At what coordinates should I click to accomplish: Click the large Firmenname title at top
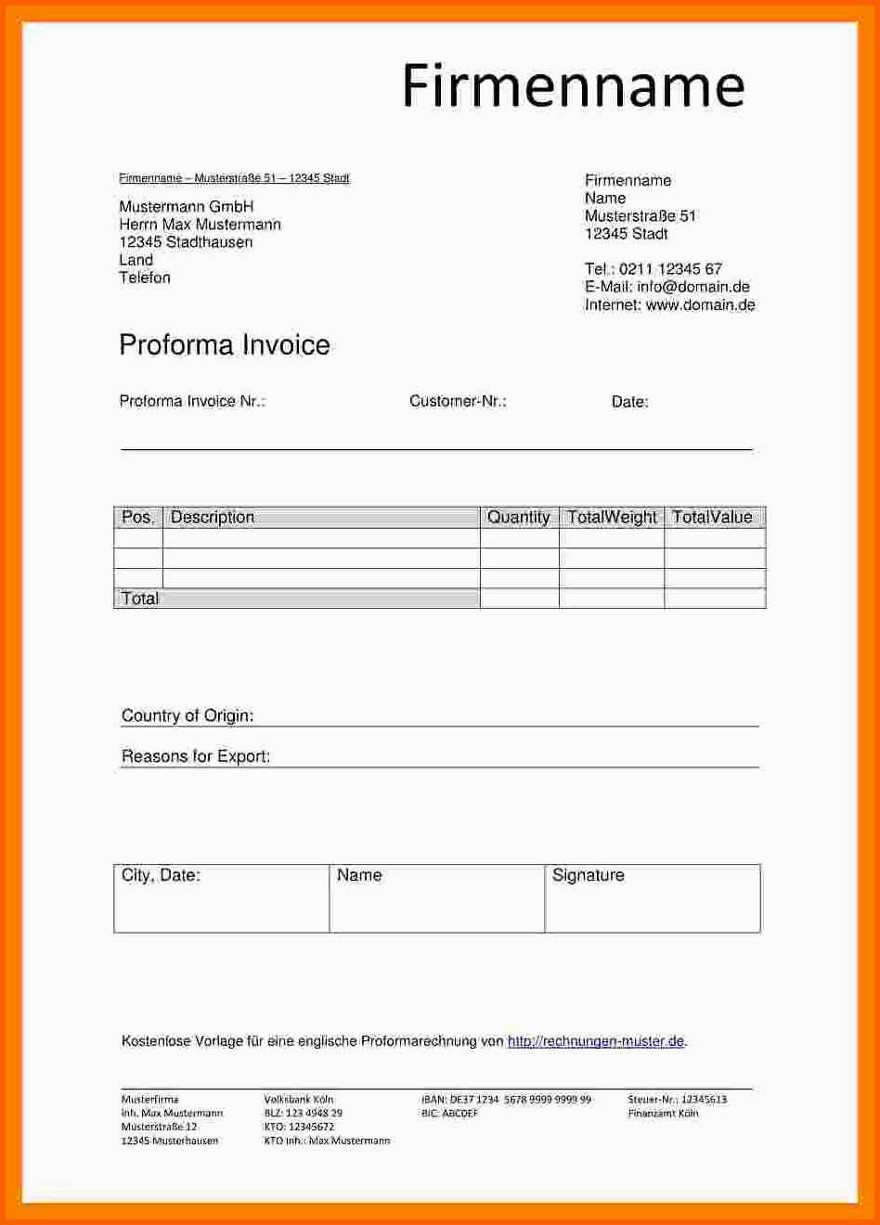[x=573, y=86]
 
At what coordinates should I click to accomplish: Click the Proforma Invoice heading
[x=225, y=345]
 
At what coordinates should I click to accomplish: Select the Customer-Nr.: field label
[x=458, y=401]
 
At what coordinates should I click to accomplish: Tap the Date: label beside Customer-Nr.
[x=629, y=402]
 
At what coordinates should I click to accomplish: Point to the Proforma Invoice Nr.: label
[x=192, y=401]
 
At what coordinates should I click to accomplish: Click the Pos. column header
[x=138, y=517]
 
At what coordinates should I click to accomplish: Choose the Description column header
[x=213, y=517]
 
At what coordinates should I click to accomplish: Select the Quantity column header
[x=519, y=517]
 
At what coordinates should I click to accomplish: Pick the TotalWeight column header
[x=612, y=517]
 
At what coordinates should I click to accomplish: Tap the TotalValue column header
[x=712, y=517]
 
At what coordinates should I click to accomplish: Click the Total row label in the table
[x=140, y=599]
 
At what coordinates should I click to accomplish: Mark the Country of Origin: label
[x=188, y=716]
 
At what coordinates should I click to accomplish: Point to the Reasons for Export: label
[x=196, y=756]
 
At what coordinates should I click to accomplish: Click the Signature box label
[x=589, y=875]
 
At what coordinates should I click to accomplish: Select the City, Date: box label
[x=161, y=875]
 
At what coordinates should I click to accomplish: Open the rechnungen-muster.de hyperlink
[x=596, y=1041]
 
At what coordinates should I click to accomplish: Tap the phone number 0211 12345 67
[x=670, y=269]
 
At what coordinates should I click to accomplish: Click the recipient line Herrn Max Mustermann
[x=200, y=225]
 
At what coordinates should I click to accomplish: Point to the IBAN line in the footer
[x=506, y=1100]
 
